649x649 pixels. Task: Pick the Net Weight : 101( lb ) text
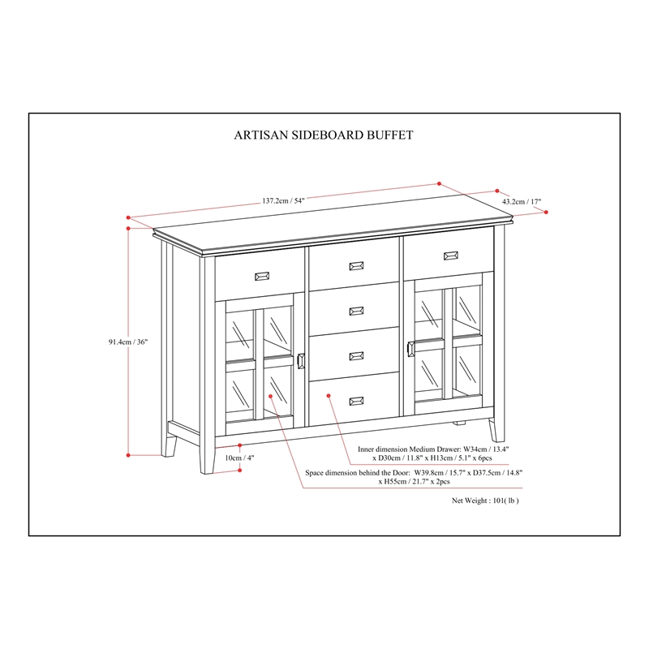pos(485,501)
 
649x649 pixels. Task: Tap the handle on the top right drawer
pos(451,256)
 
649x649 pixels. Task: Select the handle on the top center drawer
pos(357,265)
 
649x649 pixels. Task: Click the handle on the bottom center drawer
pos(357,400)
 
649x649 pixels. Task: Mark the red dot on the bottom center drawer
pos(328,395)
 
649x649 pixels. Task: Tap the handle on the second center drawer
pos(357,311)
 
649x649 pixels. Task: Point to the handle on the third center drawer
pos(357,355)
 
